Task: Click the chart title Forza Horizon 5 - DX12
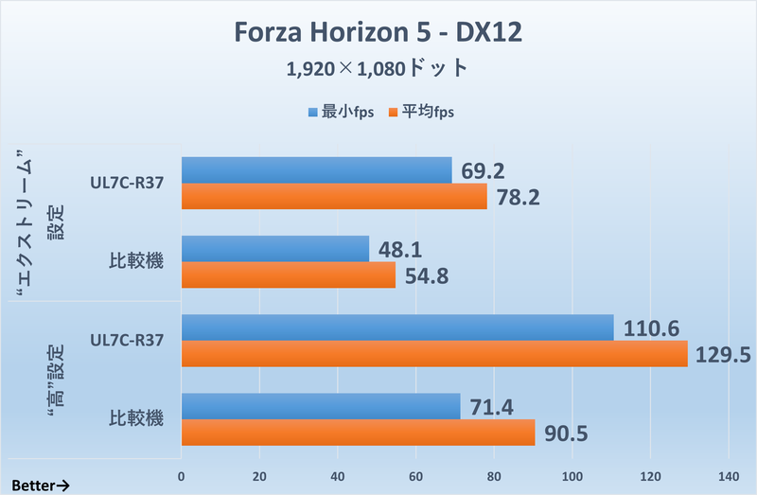point(378,33)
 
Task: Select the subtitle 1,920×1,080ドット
point(378,68)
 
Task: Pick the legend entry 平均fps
point(422,113)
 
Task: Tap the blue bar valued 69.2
point(316,170)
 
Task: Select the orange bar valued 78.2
point(334,197)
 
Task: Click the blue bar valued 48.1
point(274,249)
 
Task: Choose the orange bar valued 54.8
point(288,275)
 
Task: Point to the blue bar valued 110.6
point(396,327)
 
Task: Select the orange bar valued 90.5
point(358,433)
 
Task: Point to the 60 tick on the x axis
point(415,475)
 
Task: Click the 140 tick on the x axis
point(728,475)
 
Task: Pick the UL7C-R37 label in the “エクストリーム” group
point(123,184)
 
